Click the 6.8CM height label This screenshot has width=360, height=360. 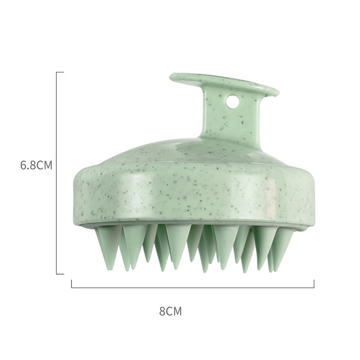point(36,165)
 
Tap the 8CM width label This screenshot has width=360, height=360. point(170,312)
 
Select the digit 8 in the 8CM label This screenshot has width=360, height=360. point(162,312)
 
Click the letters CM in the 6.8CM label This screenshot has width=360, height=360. point(44,165)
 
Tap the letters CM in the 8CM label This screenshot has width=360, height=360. point(174,312)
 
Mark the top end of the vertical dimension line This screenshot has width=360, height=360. point(57,72)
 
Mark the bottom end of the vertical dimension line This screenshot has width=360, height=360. point(57,274)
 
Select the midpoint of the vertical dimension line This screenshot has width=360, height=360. point(57,173)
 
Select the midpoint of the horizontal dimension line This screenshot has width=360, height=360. point(192,287)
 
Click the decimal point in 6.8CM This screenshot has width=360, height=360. point(29,169)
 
